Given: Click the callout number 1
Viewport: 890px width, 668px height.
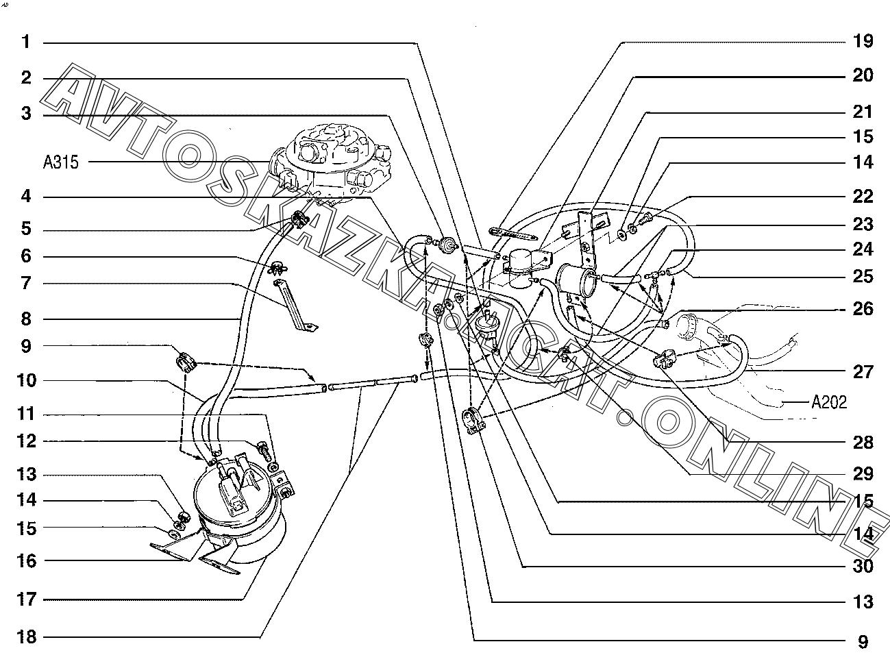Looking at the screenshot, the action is coord(26,42).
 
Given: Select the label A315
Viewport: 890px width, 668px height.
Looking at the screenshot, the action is coord(61,162).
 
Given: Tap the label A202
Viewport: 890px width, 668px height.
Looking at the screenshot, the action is coord(829,402).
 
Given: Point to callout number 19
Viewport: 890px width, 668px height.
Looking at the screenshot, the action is coord(863,41).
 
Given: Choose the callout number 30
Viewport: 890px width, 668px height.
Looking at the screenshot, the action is coord(863,566).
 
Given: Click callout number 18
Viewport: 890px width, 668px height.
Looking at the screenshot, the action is coord(27,636).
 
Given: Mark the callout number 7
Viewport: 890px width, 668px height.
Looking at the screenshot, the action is coord(26,283).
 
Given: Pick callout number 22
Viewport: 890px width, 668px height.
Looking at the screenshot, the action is coord(863,197).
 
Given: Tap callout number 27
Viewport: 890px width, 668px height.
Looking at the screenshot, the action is coord(863,372).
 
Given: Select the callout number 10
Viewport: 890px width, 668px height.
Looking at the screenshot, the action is coord(27,380).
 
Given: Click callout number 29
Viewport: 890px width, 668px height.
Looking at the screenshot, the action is coord(863,473).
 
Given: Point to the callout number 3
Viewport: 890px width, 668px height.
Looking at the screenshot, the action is coord(26,114).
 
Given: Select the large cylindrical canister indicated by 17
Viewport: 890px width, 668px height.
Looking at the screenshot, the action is coord(239,519).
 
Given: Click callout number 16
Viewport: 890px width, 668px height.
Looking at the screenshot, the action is coord(27,561).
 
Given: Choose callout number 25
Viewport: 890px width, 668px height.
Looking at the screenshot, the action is coord(863,276).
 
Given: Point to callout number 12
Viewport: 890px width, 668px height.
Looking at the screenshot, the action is coord(27,441).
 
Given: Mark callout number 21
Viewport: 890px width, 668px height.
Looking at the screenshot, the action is coord(863,112).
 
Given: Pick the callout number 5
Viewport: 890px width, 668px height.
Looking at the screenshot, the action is coord(26,228).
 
